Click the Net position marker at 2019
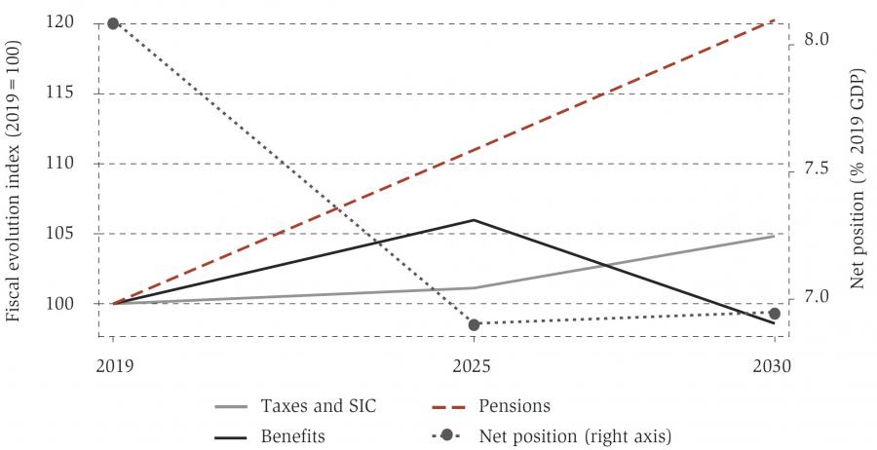(x=113, y=23)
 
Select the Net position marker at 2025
(x=474, y=323)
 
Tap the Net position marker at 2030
(x=775, y=314)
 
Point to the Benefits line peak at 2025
(x=474, y=220)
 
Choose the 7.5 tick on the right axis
(x=817, y=169)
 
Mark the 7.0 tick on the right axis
(x=817, y=297)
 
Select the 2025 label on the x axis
(x=474, y=367)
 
